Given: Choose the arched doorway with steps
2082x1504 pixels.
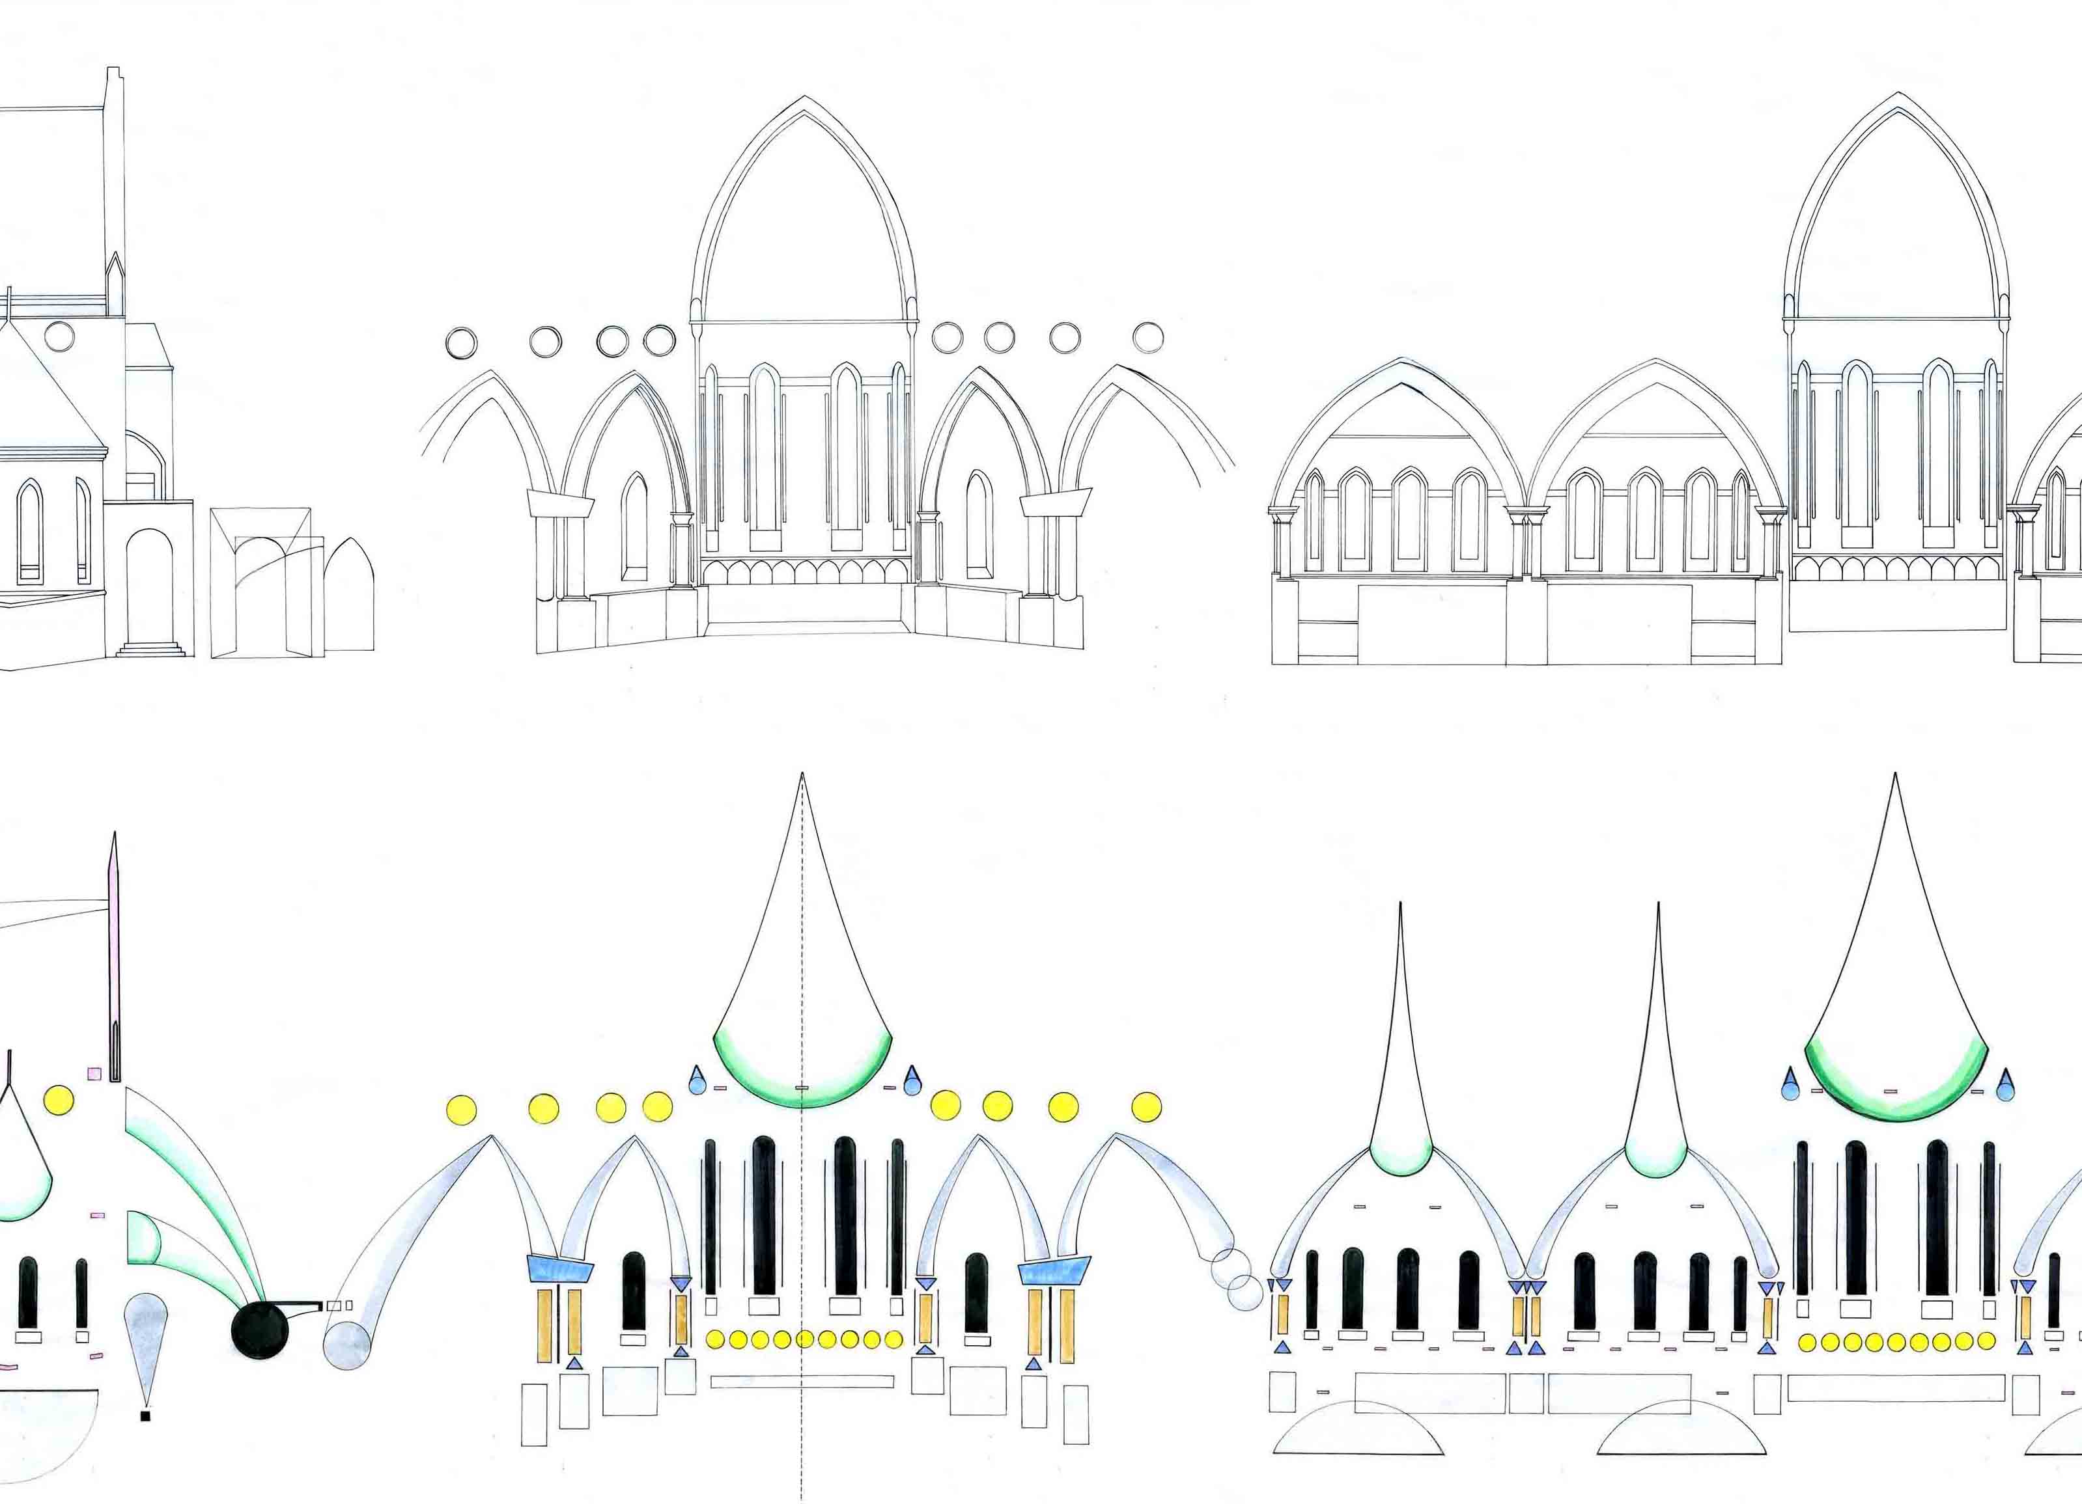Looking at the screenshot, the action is point(150,592).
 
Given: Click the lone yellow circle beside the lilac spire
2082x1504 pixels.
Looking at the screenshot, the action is point(59,1099).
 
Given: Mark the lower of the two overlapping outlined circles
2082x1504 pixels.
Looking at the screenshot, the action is point(1245,1291).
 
